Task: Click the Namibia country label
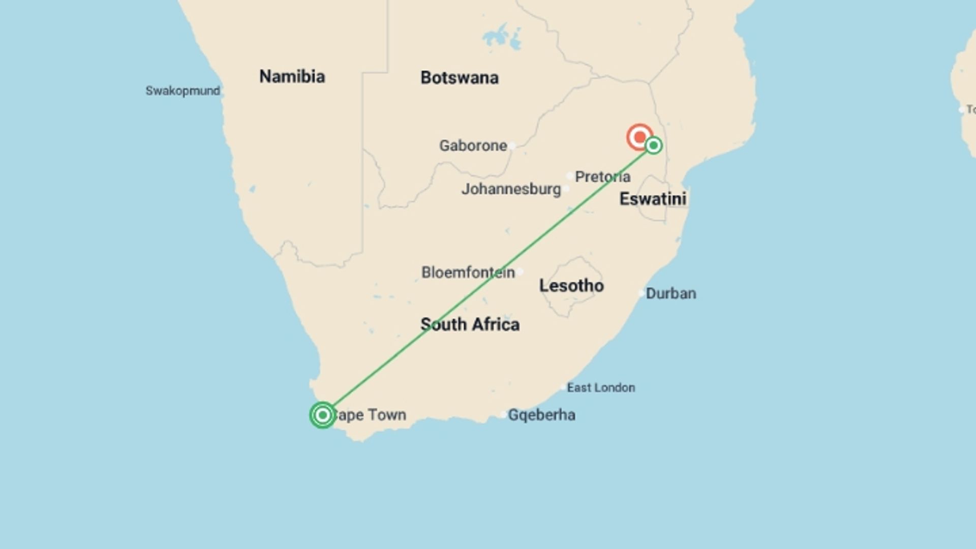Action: [x=292, y=77]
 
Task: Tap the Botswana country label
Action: [x=459, y=78]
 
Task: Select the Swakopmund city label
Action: [x=182, y=91]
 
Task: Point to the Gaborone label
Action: [x=473, y=146]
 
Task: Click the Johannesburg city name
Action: [x=511, y=189]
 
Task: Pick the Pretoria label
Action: [x=602, y=177]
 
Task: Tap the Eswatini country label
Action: [x=653, y=199]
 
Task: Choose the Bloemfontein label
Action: [x=468, y=272]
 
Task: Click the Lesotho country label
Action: [x=571, y=286]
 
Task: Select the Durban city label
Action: [x=670, y=294]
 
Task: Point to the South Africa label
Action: [x=470, y=324]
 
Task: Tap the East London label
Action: [x=601, y=388]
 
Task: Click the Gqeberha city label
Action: [x=541, y=415]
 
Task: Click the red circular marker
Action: [x=639, y=137]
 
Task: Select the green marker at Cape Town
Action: [x=322, y=415]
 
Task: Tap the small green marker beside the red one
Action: [x=654, y=146]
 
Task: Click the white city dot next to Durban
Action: [x=642, y=293]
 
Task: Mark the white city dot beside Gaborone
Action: [x=512, y=146]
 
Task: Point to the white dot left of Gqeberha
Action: [x=503, y=415]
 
